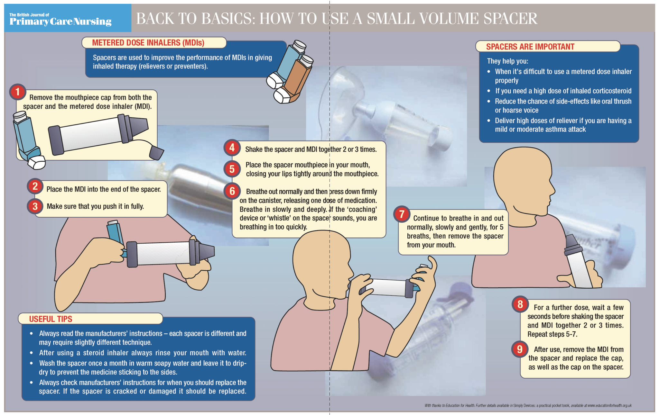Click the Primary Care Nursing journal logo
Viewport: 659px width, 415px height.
(x=60, y=19)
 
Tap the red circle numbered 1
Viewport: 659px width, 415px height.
(x=18, y=92)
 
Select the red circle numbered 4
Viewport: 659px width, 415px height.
(x=232, y=148)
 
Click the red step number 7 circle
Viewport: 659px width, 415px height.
(x=402, y=214)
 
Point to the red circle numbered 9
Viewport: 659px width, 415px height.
(x=519, y=349)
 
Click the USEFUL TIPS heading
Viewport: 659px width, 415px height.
(x=51, y=319)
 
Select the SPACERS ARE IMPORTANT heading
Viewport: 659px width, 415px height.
(x=530, y=47)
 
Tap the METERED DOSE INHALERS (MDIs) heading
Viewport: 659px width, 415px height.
(x=148, y=43)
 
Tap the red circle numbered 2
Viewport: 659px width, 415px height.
(x=35, y=186)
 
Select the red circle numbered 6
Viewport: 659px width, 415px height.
(x=232, y=191)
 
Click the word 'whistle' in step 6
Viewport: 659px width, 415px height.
(x=279, y=218)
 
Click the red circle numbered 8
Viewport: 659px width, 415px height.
(x=520, y=304)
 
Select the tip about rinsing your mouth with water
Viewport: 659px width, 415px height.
(x=143, y=353)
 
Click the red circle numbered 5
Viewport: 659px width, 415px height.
(x=232, y=169)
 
